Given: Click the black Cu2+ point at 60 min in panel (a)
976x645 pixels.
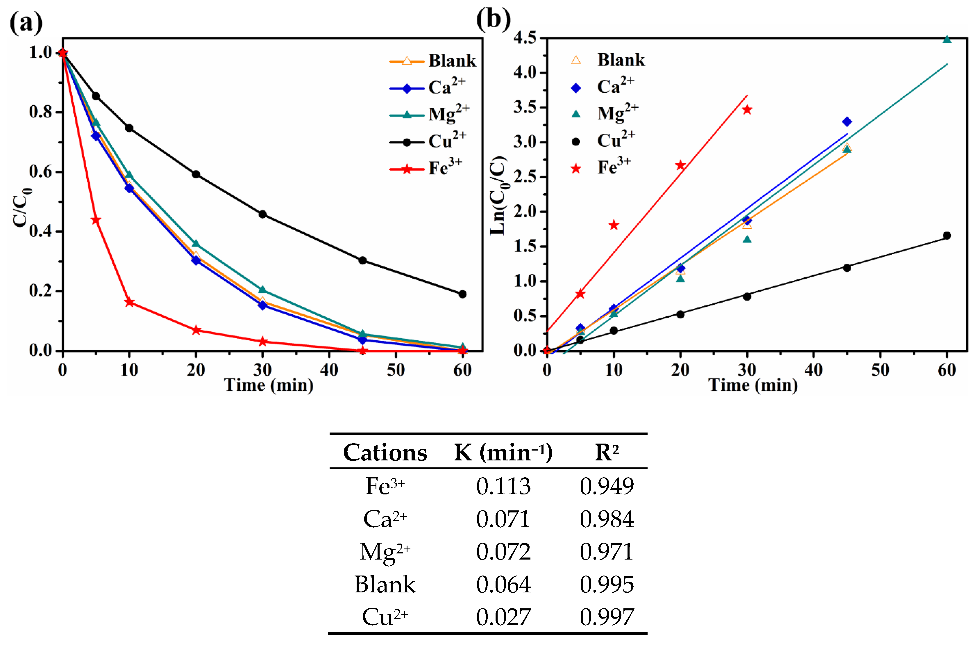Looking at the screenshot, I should pos(462,294).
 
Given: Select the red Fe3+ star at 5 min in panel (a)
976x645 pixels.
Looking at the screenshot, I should pos(96,220).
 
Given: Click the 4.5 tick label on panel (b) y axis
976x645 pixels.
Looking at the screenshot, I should pos(525,38).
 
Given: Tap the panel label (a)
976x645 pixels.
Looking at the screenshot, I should pos(26,23).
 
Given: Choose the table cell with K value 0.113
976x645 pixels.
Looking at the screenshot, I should pos(503,486).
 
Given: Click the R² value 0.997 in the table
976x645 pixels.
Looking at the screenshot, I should pos(607,617).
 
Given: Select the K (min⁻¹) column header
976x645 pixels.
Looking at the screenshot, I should pos(503,453).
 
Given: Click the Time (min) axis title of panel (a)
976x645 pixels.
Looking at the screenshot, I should pos(269,385).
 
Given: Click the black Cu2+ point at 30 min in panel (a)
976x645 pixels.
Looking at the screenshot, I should pos(262,214).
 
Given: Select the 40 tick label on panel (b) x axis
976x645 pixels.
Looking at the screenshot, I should pos(813,370).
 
